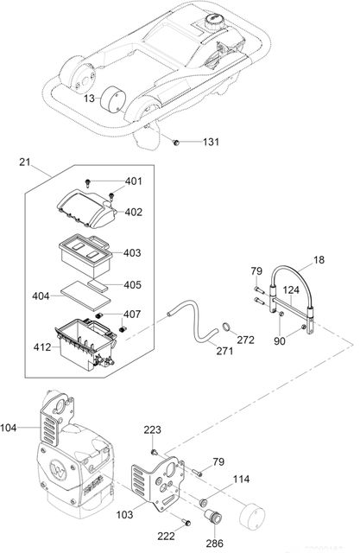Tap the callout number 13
[89, 99]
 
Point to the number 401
[134, 181]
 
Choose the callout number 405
[132, 283]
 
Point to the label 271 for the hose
[224, 352]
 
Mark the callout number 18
[319, 258]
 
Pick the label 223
[152, 429]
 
